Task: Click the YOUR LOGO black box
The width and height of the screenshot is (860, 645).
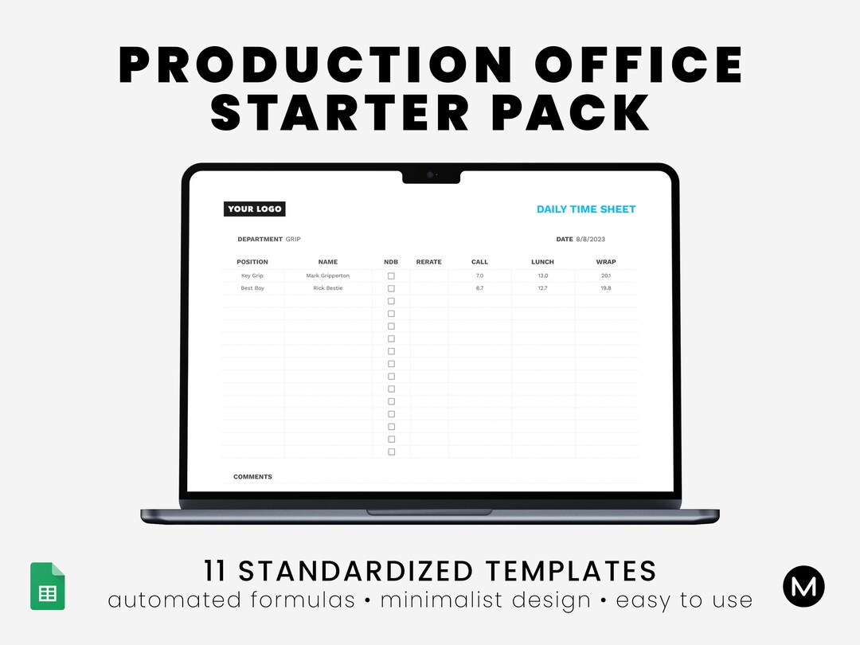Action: (255, 209)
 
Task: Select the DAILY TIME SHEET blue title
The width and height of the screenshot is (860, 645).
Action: (586, 209)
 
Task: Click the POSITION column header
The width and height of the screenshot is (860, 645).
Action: (252, 262)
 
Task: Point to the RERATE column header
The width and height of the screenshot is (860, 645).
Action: (428, 262)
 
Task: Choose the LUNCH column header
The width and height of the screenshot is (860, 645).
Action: (542, 262)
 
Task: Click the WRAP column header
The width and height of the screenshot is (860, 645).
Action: (606, 262)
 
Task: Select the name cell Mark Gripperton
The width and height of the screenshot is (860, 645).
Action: (327, 276)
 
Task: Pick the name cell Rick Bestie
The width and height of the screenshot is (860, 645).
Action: (327, 288)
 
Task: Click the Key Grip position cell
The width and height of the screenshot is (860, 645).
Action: (252, 276)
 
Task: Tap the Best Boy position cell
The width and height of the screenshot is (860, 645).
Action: (252, 288)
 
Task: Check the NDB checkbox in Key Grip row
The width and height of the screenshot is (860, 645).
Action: (391, 276)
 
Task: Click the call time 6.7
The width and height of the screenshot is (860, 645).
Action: (479, 288)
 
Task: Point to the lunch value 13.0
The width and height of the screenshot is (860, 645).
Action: (542, 276)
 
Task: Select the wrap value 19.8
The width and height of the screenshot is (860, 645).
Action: (606, 288)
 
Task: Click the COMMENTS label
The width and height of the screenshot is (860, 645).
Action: (252, 477)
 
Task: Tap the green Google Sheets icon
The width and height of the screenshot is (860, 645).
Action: (48, 587)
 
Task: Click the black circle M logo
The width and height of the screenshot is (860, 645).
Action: (803, 588)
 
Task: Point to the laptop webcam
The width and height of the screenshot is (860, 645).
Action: (430, 174)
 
